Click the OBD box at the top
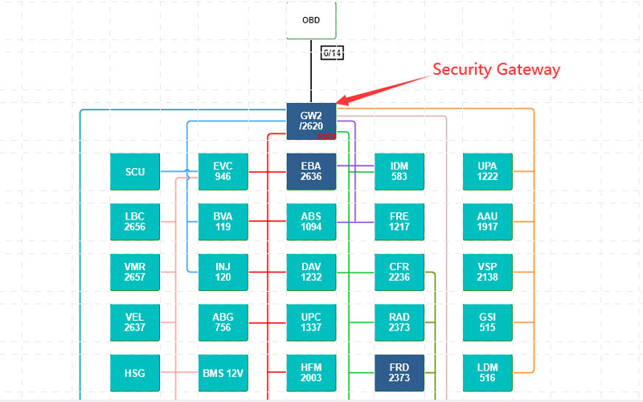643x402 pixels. coord(311,20)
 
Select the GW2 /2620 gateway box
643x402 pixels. coord(311,121)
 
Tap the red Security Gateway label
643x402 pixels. coord(496,69)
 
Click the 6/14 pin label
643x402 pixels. coord(332,54)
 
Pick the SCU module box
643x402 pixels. coord(135,171)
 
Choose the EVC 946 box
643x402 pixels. coord(223,171)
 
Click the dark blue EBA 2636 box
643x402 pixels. coord(311,171)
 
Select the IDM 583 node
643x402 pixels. coord(399,171)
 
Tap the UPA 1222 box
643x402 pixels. coord(487,171)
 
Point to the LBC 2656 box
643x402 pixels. coord(135,222)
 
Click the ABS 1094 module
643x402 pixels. coord(311,222)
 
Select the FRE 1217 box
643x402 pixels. coord(399,222)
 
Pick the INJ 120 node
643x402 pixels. coord(223,272)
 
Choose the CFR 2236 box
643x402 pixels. coord(399,272)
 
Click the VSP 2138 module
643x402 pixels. coord(487,272)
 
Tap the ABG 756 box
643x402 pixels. coord(223,322)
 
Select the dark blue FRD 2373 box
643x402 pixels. coord(399,373)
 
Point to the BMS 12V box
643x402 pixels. coord(223,373)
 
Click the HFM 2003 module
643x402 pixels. coord(311,373)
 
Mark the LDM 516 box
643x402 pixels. coord(487,373)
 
